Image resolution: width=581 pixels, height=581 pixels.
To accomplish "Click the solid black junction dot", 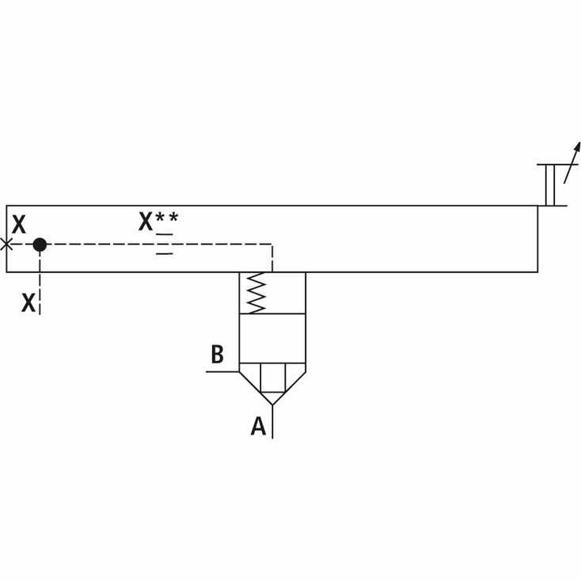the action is [x=40, y=245].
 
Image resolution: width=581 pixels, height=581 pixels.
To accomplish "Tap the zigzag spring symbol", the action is [x=256, y=293].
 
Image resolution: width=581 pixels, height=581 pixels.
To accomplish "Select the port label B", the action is [x=218, y=355].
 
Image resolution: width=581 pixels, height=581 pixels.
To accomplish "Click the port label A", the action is [x=258, y=426].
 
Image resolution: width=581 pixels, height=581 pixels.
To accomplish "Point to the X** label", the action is [x=158, y=221].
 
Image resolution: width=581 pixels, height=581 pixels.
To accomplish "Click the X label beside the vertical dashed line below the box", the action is [x=28, y=302].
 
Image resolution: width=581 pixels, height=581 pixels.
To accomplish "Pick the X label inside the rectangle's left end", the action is [x=19, y=224].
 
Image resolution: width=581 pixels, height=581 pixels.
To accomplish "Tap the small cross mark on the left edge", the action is [x=6, y=245].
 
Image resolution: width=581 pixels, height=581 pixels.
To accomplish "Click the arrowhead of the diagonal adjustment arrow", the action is [x=576, y=146].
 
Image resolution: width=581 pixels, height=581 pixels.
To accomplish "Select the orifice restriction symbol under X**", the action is [x=165, y=244].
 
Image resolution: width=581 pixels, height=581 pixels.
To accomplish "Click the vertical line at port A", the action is [x=273, y=422].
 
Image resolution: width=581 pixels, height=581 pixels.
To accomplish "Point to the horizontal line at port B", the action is [x=222, y=371].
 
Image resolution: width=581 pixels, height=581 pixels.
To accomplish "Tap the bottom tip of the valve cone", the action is [x=273, y=404].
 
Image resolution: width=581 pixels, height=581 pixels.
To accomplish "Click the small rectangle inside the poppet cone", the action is [x=273, y=378].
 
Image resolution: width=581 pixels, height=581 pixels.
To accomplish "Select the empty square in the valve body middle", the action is [x=273, y=338].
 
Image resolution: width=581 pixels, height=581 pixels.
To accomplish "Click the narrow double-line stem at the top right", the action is [x=550, y=185].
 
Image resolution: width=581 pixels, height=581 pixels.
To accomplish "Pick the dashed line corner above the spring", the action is [x=272, y=244].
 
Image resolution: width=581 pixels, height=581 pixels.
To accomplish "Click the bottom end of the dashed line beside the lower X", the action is [x=40, y=314].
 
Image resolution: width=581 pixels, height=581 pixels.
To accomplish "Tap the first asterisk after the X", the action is [x=159, y=217].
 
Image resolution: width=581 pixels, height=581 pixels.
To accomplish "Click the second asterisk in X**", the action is [x=173, y=217].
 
